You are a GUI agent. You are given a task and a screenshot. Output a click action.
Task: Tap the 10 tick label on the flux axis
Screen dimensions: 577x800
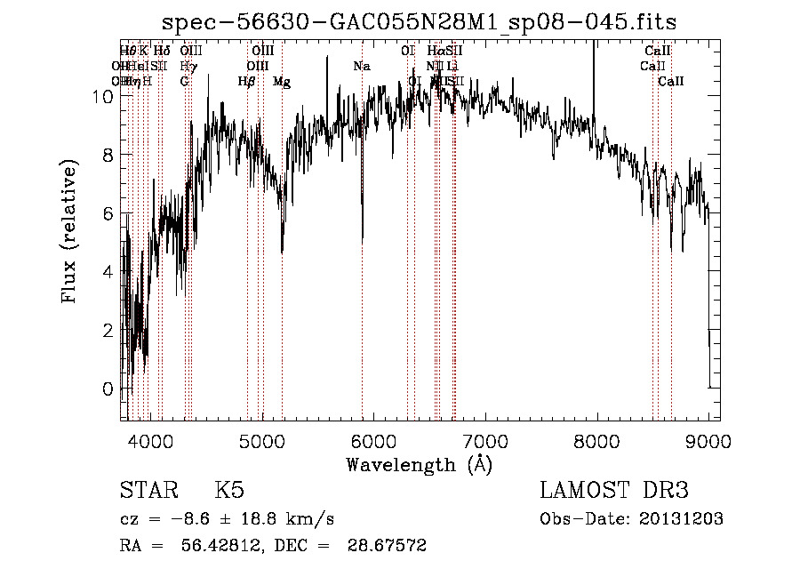tap(103, 97)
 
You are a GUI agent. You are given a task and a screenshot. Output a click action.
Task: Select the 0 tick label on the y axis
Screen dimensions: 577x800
tap(108, 389)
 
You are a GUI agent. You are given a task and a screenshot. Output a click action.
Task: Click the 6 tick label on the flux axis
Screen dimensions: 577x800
tap(108, 213)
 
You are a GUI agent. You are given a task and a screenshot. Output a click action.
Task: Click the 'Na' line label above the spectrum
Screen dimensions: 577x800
tap(361, 67)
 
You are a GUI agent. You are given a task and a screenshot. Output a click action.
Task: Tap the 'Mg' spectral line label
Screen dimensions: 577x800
tap(282, 82)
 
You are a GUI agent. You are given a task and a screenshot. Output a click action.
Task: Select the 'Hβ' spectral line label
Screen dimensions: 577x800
tap(247, 82)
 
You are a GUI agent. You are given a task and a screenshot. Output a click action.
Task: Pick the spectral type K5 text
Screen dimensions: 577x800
tap(228, 491)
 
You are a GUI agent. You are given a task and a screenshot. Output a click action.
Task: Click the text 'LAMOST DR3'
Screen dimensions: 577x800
tap(613, 491)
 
